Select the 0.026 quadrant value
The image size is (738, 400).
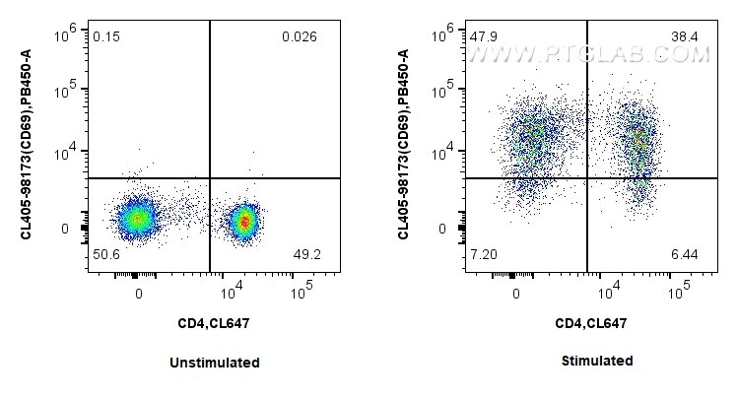(298, 37)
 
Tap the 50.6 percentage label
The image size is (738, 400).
(106, 254)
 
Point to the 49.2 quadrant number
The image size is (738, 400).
(307, 254)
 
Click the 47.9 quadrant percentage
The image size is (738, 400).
(483, 37)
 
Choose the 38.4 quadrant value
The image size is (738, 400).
(684, 37)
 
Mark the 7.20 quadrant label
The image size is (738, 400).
(483, 254)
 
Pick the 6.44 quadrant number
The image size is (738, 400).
(685, 254)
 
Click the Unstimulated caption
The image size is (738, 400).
(215, 363)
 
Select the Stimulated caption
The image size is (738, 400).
(597, 361)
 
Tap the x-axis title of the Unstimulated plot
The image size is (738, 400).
(215, 322)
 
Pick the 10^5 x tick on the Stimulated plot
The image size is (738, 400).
(680, 292)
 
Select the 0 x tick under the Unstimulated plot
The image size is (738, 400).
(139, 293)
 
